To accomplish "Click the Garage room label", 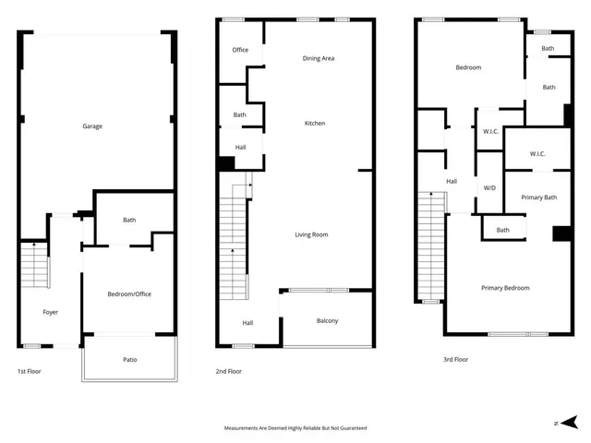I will pos(93,126).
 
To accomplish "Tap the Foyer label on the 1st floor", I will pos(51,312).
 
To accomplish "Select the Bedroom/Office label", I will pos(129,293).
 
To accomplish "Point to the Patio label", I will pos(130,359).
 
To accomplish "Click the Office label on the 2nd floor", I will pos(240,50).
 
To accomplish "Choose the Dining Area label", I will pos(319,58).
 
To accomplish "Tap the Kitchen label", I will pos(315,124).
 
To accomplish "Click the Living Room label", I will pos(311,234).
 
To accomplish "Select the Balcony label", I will pos(327,321).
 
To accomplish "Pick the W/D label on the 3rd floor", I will pos(489,187).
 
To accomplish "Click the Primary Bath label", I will pos(538,198).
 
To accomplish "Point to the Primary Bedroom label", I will pos(505,288).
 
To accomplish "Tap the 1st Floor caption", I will pos(29,371).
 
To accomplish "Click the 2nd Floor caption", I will pos(228,371).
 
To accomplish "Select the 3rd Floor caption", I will pos(456,360).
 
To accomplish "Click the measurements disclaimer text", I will pos(295,428).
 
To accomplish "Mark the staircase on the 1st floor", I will pos(33,265).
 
